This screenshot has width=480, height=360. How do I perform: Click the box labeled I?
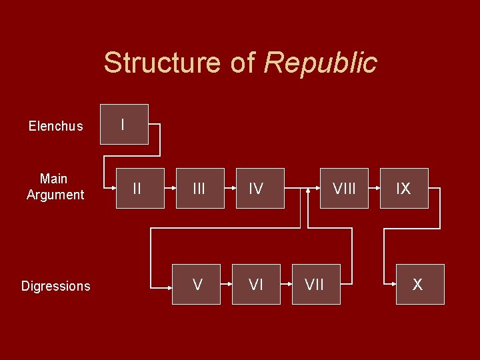(x=124, y=124)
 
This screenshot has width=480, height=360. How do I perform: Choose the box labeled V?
(x=196, y=284)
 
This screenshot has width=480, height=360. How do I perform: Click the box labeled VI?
(x=256, y=284)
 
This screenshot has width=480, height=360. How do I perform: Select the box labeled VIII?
(x=344, y=188)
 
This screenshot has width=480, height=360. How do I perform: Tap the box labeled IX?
(x=404, y=188)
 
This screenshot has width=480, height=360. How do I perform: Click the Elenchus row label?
(x=56, y=126)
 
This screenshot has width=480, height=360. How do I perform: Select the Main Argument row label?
(x=55, y=187)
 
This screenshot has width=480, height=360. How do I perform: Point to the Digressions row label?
(x=56, y=286)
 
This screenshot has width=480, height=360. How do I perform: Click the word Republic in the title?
(x=321, y=63)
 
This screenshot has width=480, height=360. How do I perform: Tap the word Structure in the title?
(x=162, y=63)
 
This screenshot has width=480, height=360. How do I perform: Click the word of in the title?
(x=243, y=63)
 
